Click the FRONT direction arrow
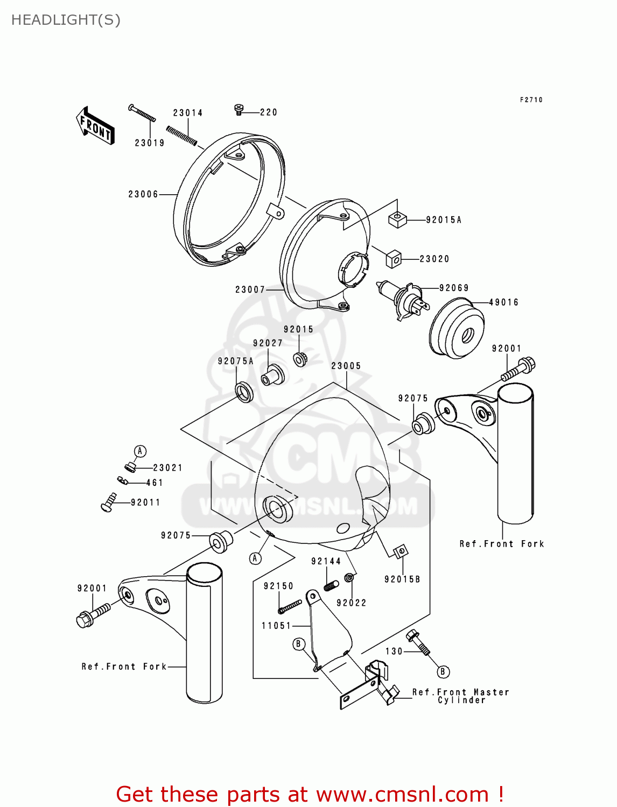[95, 126]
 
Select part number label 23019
[149, 143]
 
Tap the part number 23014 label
[187, 113]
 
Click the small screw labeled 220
[240, 110]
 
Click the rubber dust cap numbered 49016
[457, 330]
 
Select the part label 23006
[143, 194]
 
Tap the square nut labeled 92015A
[397, 220]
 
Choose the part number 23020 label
[434, 259]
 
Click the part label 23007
[250, 289]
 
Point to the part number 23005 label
[346, 366]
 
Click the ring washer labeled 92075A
[245, 391]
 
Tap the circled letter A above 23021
[140, 451]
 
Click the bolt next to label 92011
[108, 502]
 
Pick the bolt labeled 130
[418, 642]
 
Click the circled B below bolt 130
[443, 671]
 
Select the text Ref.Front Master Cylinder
[460, 696]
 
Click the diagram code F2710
[531, 100]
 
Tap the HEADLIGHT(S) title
[66, 20]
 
